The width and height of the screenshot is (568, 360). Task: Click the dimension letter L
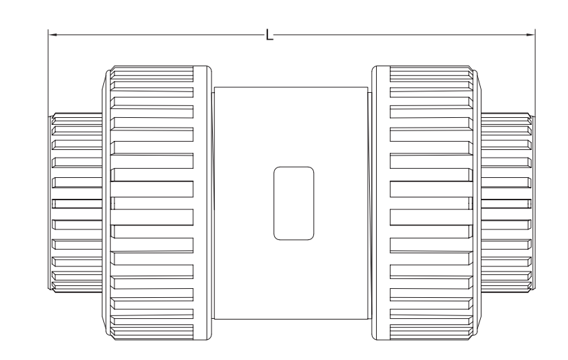[269, 35]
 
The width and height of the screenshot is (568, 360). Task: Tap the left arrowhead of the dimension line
[52, 35]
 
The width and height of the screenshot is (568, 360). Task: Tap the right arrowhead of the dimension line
[531, 35]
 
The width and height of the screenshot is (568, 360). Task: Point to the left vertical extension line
[48, 73]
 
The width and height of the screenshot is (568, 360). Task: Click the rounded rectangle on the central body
[294, 203]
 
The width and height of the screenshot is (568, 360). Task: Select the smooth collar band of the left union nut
[202, 203]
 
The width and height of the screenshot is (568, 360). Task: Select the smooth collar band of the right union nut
[381, 203]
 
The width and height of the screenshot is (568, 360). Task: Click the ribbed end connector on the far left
[77, 203]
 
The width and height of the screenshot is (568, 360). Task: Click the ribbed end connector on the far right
[507, 203]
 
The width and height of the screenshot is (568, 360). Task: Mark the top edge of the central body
[291, 87]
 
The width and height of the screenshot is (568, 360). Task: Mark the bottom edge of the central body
[291, 319]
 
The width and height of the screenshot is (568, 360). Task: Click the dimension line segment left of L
[157, 35]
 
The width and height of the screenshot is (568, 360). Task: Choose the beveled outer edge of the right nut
[477, 203]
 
